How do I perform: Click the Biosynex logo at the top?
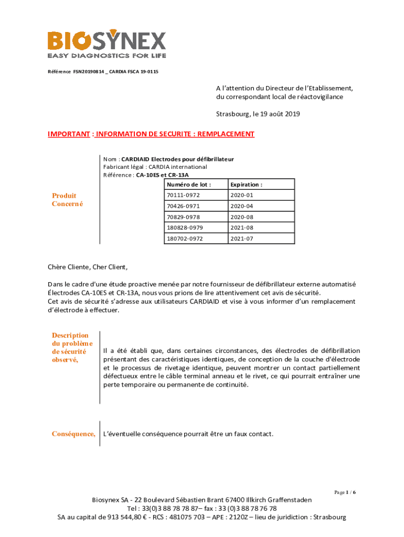coord(107,41)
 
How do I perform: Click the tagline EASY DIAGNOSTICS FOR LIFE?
coord(107,56)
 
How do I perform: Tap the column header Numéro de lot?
coord(188,185)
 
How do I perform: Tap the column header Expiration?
coord(246,185)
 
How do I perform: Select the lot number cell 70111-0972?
coord(183,195)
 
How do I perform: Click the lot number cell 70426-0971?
coord(183,206)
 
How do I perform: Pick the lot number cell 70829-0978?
coord(183,217)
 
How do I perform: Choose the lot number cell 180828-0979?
coord(185,228)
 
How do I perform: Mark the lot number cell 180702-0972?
coord(185,239)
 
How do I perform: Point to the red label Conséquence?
coord(73,434)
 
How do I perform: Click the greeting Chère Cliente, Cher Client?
coord(88,267)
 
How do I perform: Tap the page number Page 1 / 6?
coord(345,492)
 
